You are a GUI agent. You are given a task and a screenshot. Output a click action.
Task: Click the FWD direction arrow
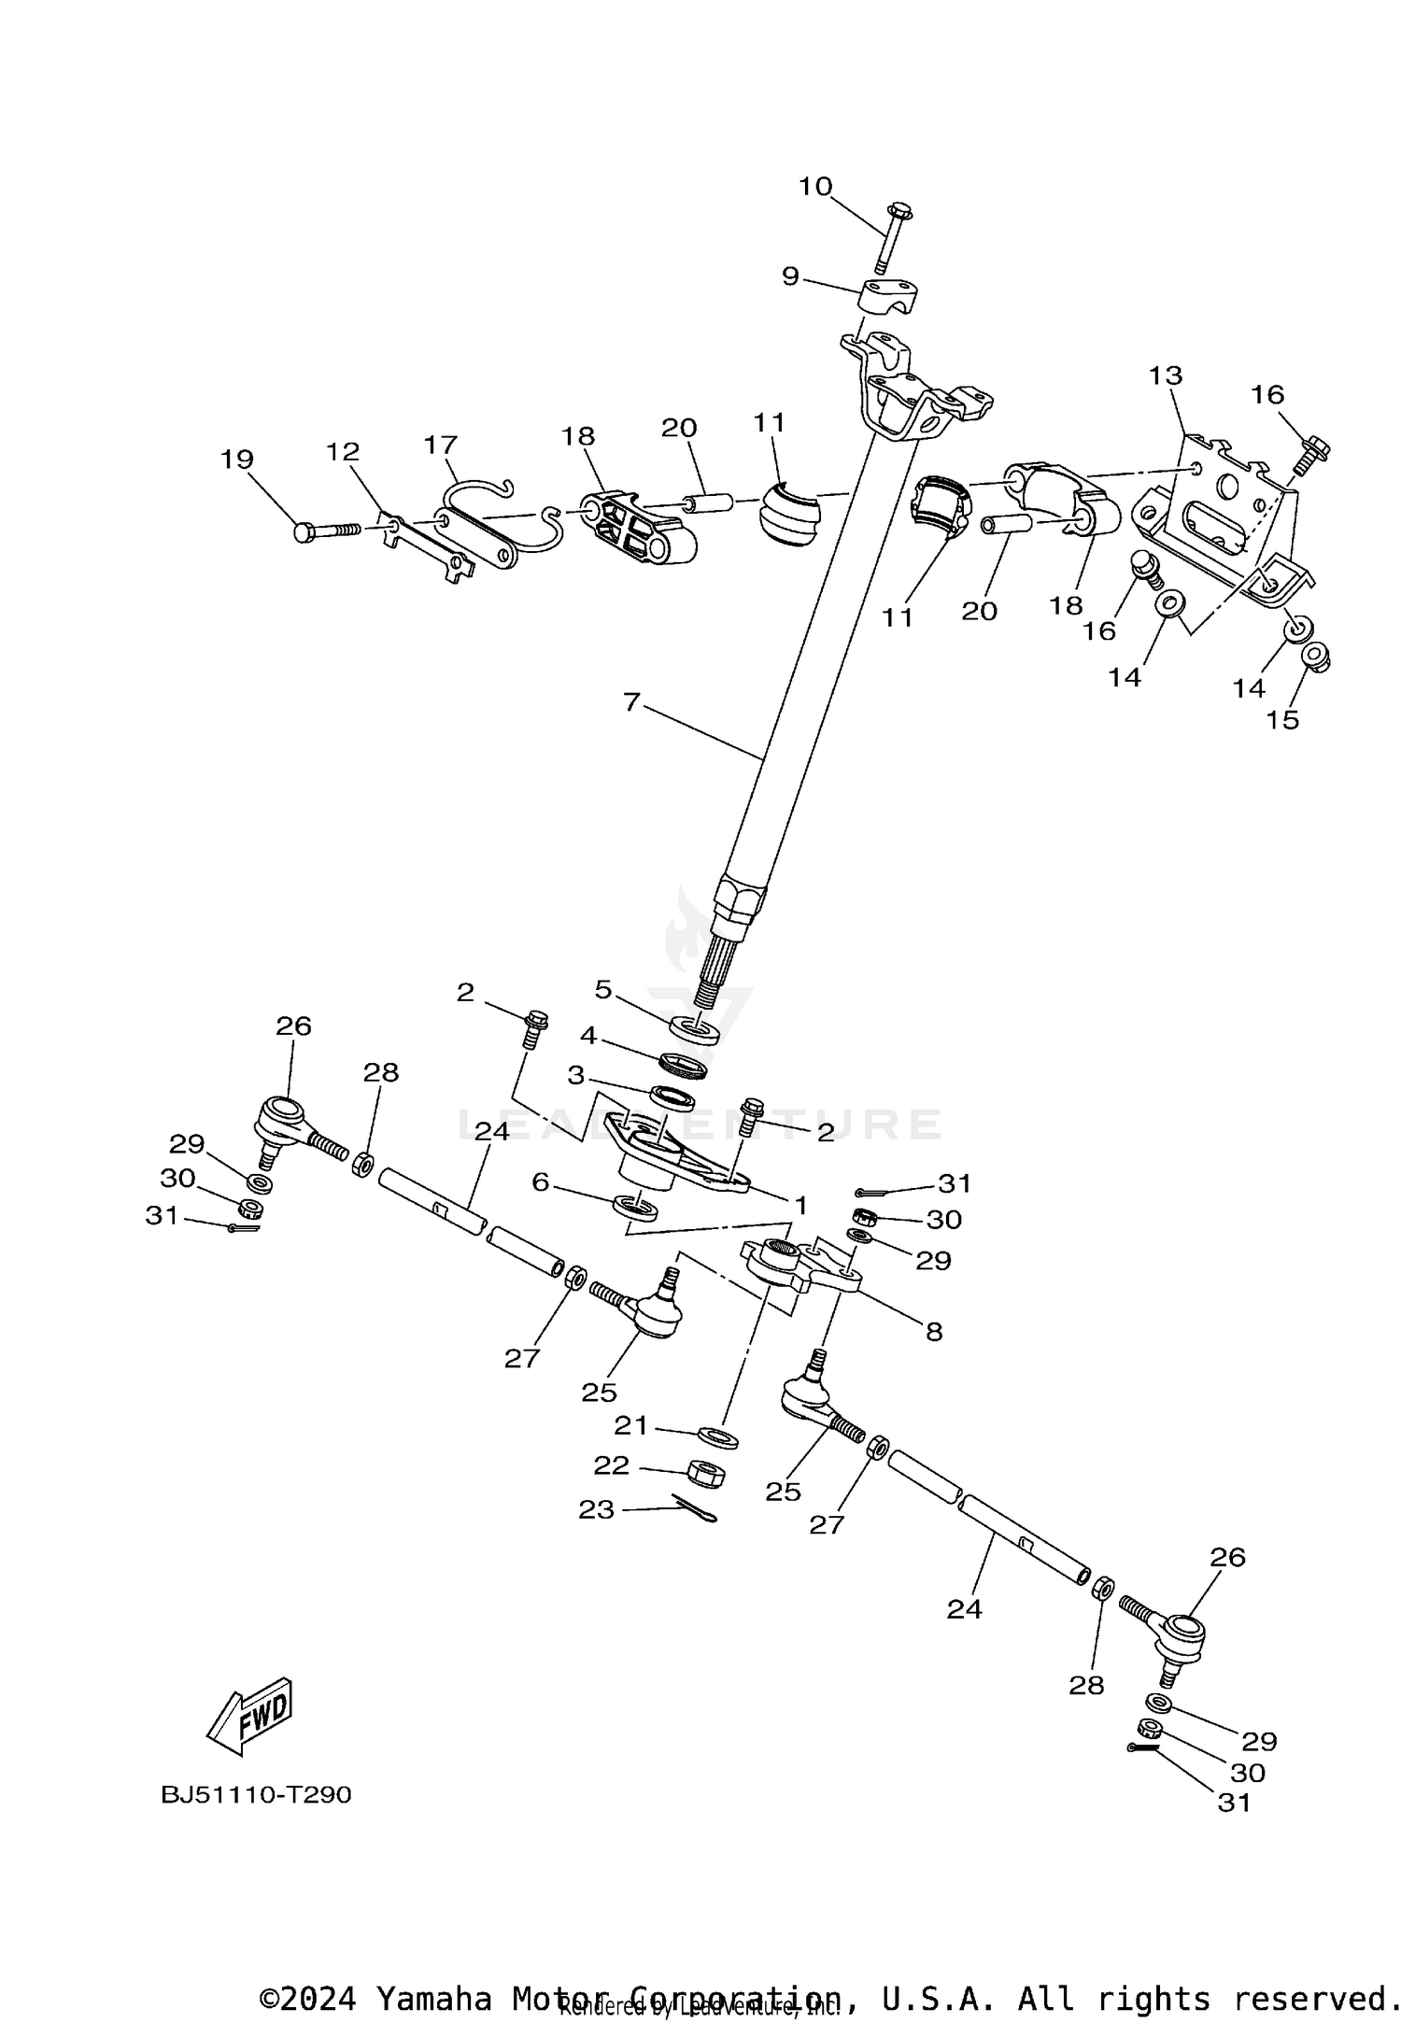pos(250,1716)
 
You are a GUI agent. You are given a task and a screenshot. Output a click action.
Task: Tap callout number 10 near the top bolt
pos(814,187)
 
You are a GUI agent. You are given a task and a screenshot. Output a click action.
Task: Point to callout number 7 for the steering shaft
pos(632,701)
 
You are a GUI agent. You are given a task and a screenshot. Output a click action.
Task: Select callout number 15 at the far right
pos(1283,720)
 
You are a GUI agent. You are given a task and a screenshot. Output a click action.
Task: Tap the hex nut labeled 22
pos(707,1475)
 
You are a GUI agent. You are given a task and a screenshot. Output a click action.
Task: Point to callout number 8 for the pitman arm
pos(934,1332)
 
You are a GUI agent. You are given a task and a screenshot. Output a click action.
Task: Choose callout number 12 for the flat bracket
pos(343,452)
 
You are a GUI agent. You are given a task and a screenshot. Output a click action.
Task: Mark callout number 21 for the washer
pos(630,1426)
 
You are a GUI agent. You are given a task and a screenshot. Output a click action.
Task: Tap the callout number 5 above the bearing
pos(603,989)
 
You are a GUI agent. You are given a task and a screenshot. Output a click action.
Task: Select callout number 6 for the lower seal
pos(540,1182)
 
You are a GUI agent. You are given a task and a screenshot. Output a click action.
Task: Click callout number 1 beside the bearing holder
pos(800,1205)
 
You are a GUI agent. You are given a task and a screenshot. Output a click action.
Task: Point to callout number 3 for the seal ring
pos(576,1076)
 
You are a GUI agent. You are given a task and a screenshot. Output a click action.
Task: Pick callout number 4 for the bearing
pos(588,1035)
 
